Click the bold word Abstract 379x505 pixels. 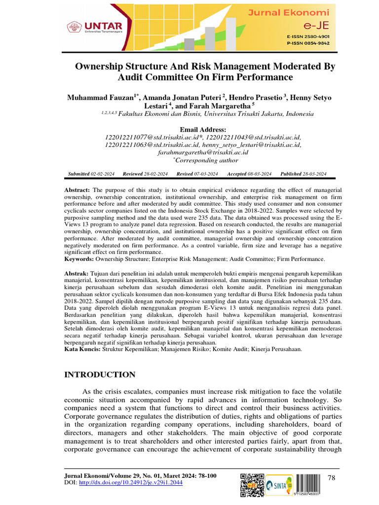click(77, 190)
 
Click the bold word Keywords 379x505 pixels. click(79, 259)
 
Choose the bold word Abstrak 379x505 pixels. click(76, 273)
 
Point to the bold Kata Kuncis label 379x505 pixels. click(82, 349)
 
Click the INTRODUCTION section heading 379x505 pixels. click(100, 375)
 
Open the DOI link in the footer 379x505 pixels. click(131, 482)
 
